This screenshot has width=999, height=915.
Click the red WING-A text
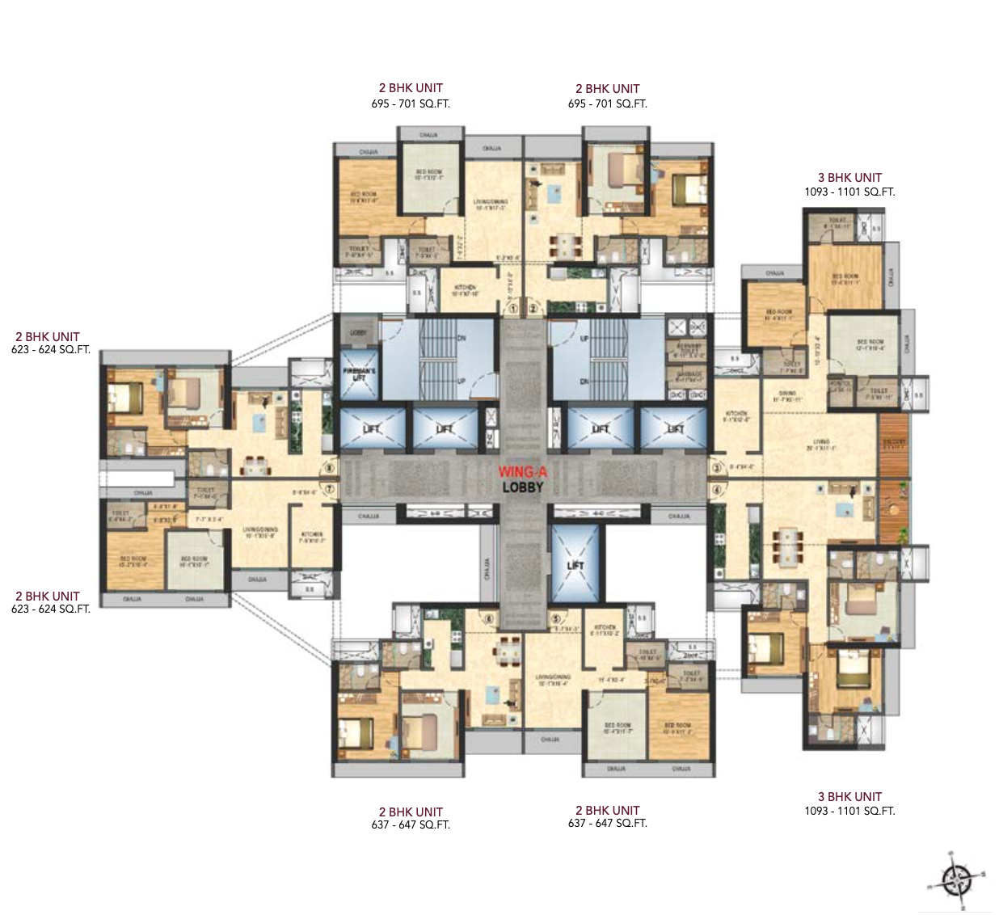(x=521, y=472)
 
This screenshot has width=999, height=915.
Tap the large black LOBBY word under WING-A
(x=522, y=487)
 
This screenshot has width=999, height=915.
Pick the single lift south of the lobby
(x=575, y=563)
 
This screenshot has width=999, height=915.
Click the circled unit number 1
(x=512, y=308)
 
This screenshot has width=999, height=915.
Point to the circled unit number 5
(x=556, y=620)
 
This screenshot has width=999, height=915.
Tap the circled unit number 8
(x=328, y=467)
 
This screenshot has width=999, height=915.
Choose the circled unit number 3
(x=716, y=467)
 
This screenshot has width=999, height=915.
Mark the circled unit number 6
(x=488, y=620)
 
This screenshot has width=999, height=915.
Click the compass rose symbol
(x=957, y=878)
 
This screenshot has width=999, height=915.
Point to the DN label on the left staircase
(x=462, y=338)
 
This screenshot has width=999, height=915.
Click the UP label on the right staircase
(x=584, y=338)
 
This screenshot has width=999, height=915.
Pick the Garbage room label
(x=689, y=377)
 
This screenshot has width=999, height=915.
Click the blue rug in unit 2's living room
(x=554, y=194)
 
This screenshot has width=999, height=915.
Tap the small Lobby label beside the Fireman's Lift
(x=358, y=333)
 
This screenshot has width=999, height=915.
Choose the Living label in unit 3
(x=821, y=445)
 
